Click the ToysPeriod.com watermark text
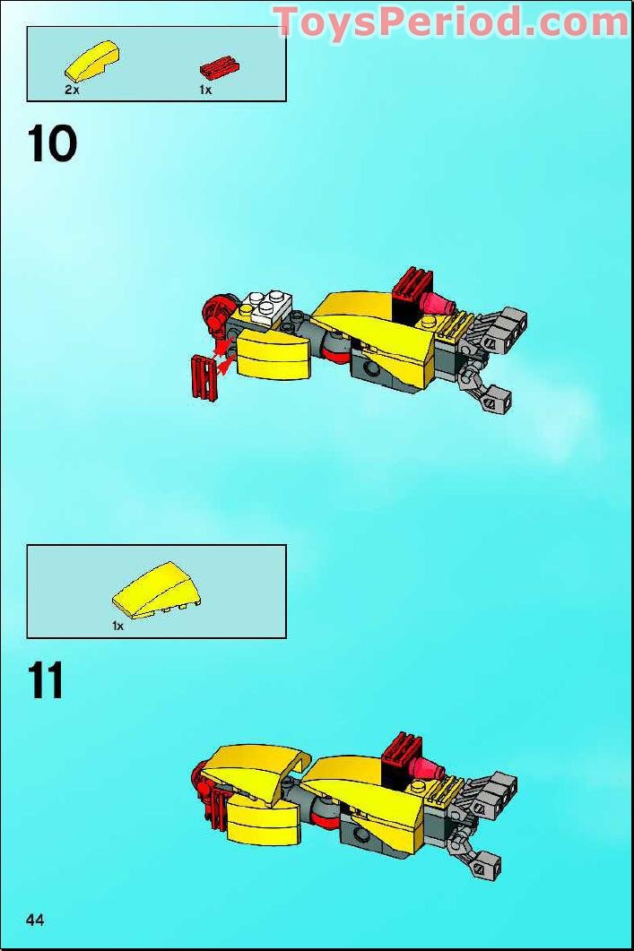tap(451, 22)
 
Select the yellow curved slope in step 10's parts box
tap(91, 60)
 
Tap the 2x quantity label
tap(73, 91)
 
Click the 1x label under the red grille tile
tap(205, 91)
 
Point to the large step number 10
tap(53, 144)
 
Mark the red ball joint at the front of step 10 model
tap(216, 314)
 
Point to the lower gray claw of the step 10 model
tap(492, 398)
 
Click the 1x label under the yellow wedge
tap(117, 627)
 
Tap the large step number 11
tap(47, 681)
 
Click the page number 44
tap(36, 920)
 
